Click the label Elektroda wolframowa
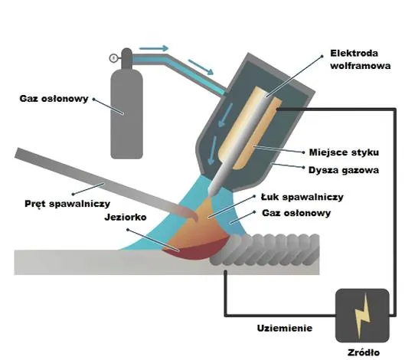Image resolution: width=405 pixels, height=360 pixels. click(361, 60)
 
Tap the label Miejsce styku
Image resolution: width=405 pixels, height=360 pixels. click(344, 152)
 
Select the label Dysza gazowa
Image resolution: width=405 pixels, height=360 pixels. click(344, 170)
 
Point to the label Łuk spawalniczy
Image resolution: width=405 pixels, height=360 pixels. click(302, 197)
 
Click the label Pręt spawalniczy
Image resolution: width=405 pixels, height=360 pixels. click(67, 204)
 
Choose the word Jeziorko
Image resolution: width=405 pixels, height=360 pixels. click(126, 217)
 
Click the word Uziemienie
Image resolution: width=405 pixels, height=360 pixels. click(285, 328)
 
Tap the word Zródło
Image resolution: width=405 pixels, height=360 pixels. click(364, 352)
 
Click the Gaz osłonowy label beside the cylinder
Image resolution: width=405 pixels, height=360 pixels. click(54, 99)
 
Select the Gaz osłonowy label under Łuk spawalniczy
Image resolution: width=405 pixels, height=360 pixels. click(296, 213)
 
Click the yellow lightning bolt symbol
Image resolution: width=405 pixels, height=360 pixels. click(362, 316)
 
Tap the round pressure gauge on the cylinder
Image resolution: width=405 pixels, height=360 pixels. click(113, 58)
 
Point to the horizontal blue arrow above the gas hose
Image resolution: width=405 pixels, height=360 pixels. click(154, 48)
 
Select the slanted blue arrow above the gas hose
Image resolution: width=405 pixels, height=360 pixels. click(201, 67)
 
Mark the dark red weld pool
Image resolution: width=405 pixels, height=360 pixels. click(196, 250)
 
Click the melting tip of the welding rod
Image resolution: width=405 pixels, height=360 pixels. click(194, 217)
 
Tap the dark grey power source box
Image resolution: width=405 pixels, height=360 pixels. click(362, 316)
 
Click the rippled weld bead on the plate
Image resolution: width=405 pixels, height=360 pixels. click(265, 250)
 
